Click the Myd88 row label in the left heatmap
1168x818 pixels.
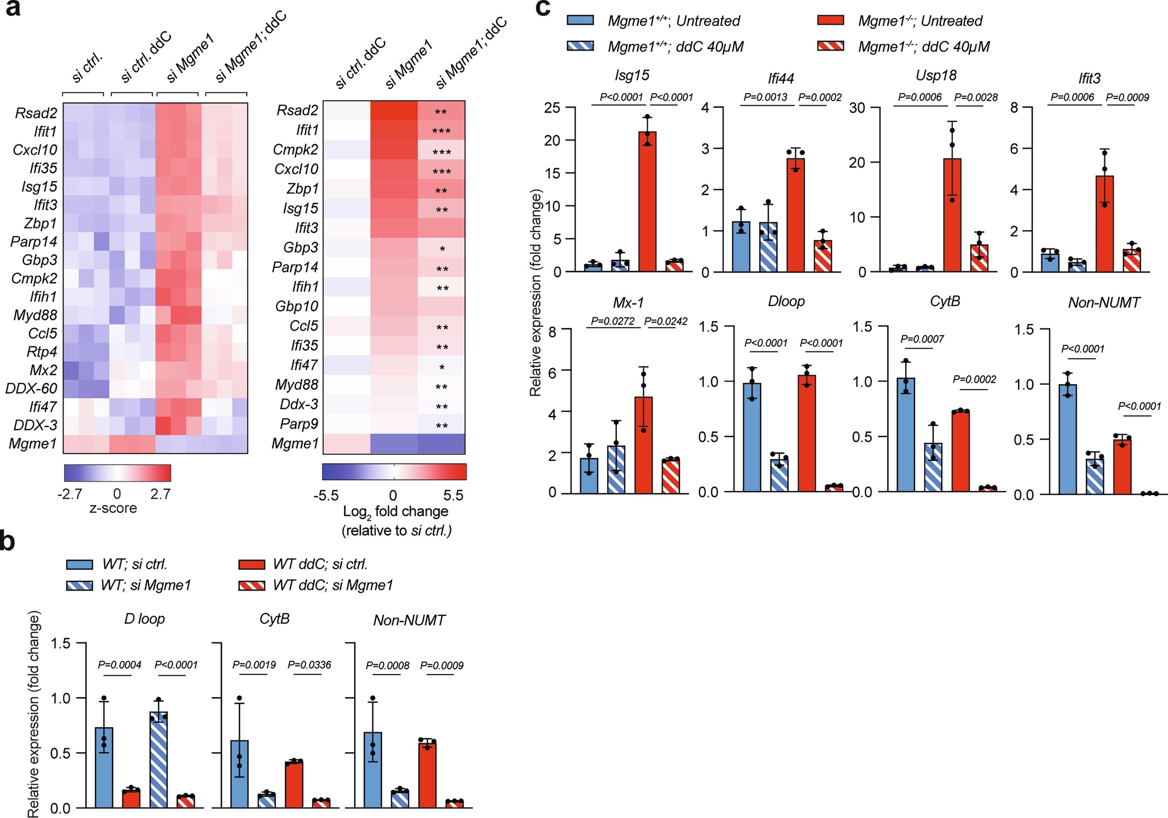[x=36, y=315]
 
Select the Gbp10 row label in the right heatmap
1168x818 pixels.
[x=297, y=306]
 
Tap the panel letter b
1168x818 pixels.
[x=8, y=541]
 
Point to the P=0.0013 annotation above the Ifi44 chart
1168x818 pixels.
[x=765, y=97]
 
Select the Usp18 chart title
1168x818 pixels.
[x=936, y=75]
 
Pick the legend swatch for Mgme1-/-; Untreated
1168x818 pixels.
[x=830, y=20]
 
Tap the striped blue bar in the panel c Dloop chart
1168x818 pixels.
[x=779, y=474]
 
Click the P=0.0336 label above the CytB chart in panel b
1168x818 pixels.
[x=309, y=665]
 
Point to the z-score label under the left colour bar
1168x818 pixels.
[x=113, y=508]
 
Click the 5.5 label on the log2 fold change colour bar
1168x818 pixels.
[x=453, y=495]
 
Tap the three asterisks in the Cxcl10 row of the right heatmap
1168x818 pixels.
[x=442, y=172]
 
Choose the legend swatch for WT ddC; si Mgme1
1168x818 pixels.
[x=252, y=585]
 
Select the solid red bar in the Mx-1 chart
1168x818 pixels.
[x=643, y=445]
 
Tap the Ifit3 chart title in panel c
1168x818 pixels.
[x=1089, y=79]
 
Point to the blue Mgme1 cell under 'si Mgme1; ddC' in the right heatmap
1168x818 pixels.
[x=441, y=444]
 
